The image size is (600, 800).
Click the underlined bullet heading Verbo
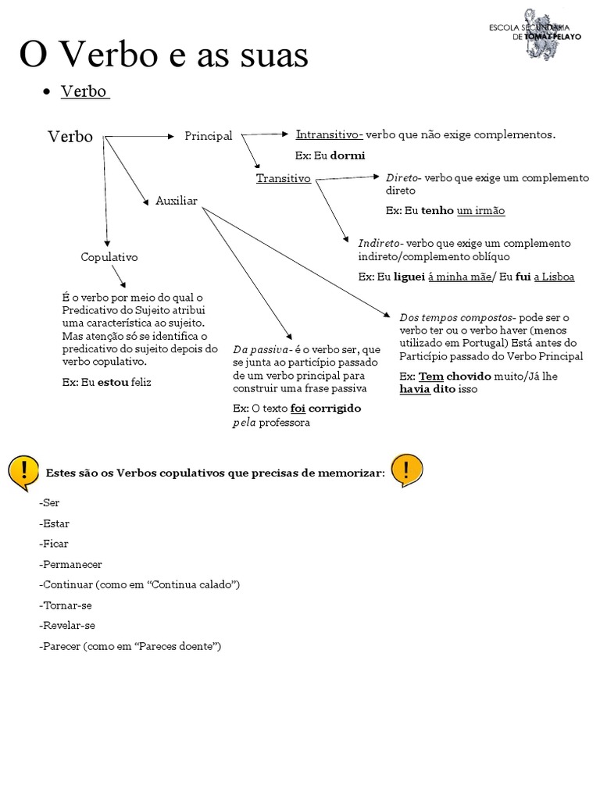[84, 91]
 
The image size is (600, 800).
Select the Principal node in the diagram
[209, 136]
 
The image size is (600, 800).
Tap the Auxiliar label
[177, 201]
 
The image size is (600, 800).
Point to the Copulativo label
[109, 256]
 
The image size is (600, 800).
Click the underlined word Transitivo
[284, 178]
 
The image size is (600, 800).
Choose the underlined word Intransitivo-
[329, 134]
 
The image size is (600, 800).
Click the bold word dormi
[348, 155]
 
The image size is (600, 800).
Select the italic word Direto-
[404, 178]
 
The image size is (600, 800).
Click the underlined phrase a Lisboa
[554, 277]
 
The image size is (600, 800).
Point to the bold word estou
[113, 383]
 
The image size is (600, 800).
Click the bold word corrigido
[335, 408]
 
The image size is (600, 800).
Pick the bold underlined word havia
[415, 389]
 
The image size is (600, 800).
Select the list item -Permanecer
[70, 564]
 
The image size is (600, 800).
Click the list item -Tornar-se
[66, 605]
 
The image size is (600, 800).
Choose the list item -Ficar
[53, 544]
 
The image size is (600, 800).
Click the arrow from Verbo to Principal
[141, 136]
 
